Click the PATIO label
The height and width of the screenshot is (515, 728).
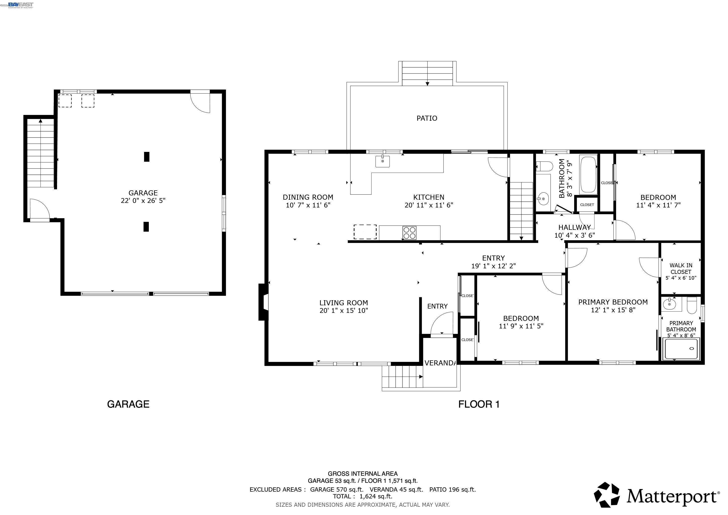427,118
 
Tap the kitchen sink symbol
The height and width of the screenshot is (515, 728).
383,161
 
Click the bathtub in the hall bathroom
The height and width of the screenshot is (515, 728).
588,175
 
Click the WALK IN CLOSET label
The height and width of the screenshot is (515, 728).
681,269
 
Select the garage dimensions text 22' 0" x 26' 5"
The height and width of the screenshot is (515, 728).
143,201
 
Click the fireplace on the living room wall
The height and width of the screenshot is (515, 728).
264,302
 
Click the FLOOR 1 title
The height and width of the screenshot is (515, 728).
479,404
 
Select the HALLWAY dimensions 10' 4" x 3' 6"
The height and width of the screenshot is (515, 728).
575,235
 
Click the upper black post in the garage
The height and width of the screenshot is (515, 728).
147,157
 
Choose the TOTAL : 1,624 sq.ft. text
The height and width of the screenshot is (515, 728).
362,496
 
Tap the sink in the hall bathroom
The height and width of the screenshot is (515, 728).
543,199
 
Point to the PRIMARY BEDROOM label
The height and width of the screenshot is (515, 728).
613,302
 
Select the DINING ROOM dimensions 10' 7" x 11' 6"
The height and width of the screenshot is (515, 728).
308,205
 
